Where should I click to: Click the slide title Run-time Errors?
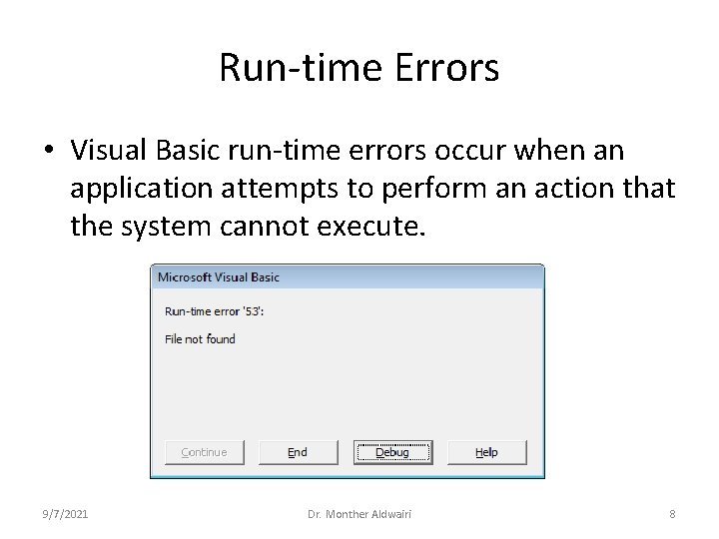point(359,68)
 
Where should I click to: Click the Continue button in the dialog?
point(204,452)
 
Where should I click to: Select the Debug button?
point(392,452)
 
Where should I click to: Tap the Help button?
point(486,452)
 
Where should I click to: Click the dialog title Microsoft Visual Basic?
point(219,276)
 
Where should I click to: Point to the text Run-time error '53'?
point(214,311)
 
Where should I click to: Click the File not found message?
point(200,339)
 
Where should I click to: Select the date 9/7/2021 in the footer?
point(65,514)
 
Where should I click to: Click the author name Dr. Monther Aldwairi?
point(359,514)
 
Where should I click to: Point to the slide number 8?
point(672,514)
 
